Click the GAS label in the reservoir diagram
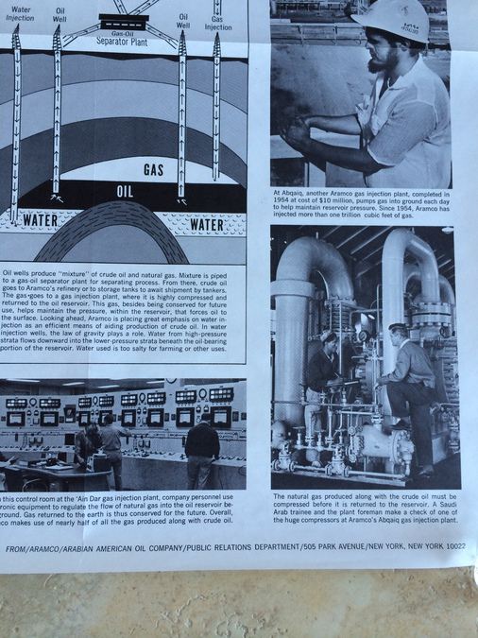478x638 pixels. click(154, 170)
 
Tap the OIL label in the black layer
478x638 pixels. click(125, 191)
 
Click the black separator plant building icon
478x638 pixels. click(122, 20)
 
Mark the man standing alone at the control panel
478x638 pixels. click(202, 451)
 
